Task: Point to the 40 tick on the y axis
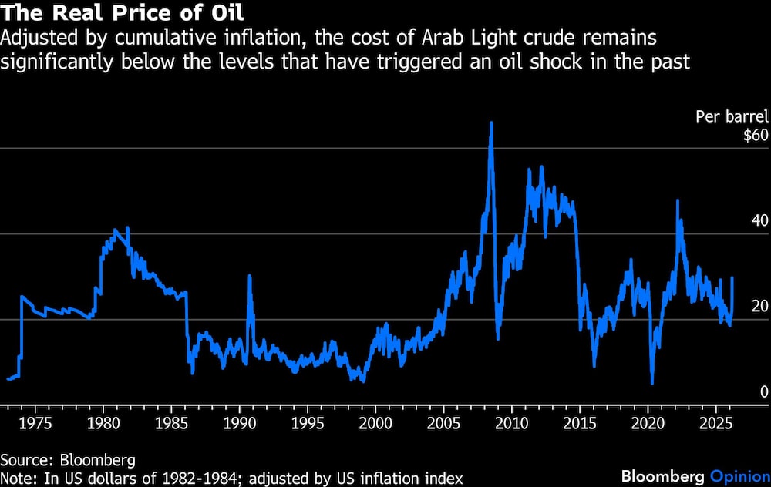click(x=760, y=220)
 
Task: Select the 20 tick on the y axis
click(x=760, y=306)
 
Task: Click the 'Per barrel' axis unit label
click(x=732, y=117)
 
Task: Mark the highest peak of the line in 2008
click(x=491, y=123)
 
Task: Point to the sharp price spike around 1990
click(x=249, y=276)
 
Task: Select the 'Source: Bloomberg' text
click(x=68, y=460)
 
